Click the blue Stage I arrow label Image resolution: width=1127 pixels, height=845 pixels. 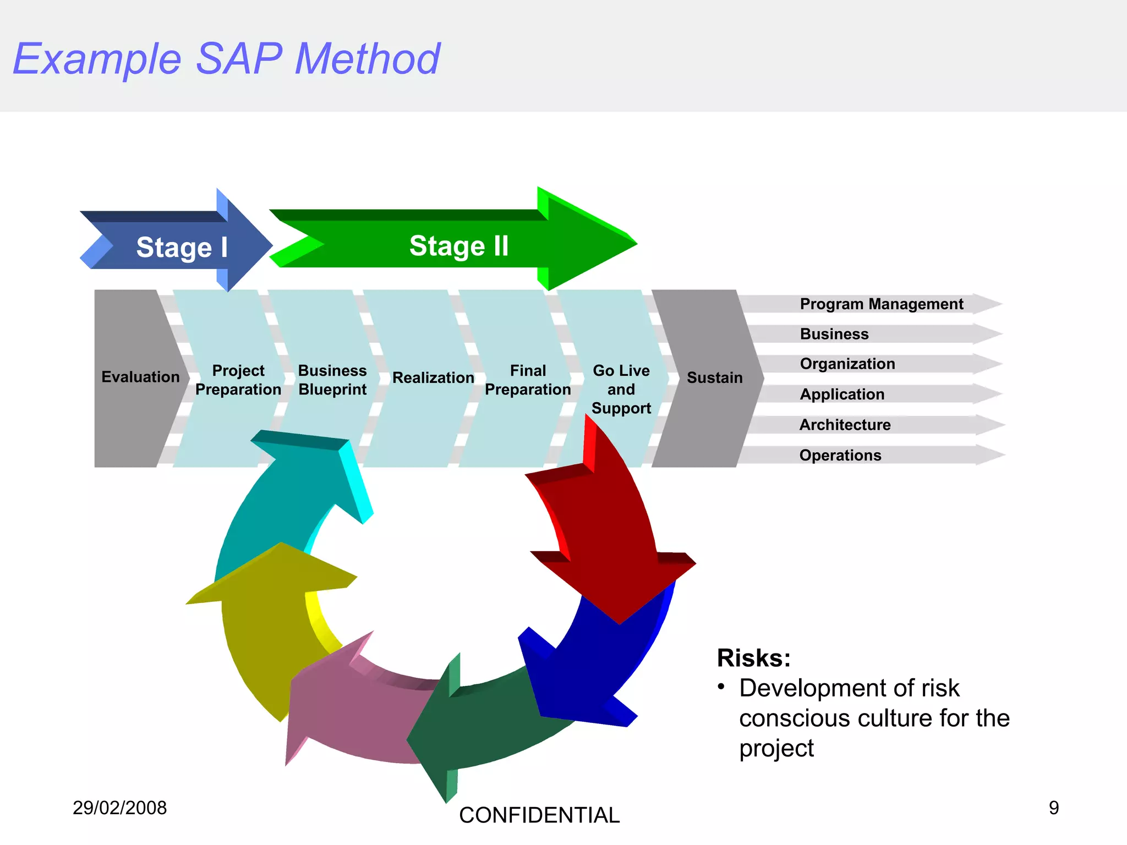tap(182, 247)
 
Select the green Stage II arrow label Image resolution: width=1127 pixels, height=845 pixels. tap(458, 246)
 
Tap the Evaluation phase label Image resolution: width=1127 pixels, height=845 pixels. tap(140, 377)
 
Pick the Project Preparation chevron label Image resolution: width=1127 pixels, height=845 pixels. tap(238, 380)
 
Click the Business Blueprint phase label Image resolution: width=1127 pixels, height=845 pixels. tap(332, 380)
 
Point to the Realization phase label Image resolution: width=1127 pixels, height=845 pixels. tap(433, 378)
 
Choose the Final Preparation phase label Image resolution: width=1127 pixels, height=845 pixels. tap(528, 380)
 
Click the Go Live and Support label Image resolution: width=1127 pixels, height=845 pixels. tap(621, 389)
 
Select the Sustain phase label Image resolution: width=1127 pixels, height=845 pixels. tap(714, 378)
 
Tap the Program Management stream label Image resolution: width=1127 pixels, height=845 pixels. tap(881, 304)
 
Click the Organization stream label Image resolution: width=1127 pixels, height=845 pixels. tap(847, 364)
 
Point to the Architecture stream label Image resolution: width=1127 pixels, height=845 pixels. tap(845, 425)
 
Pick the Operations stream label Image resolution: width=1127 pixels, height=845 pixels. tap(840, 456)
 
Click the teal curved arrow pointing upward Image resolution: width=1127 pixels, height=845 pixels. tap(286, 495)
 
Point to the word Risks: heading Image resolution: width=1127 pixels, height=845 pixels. tap(753, 658)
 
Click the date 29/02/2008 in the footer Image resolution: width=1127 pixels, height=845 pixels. tap(119, 808)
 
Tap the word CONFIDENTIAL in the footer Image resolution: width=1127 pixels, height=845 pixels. tap(539, 815)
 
